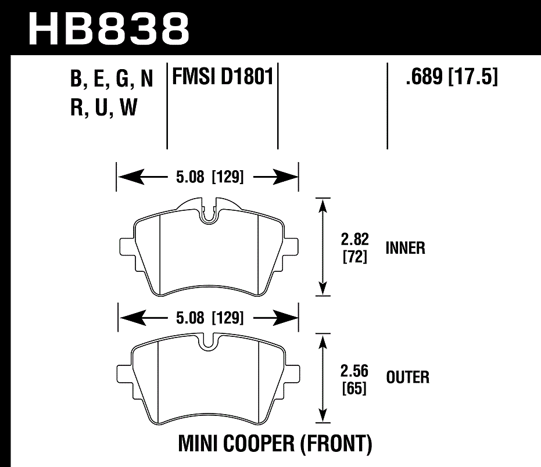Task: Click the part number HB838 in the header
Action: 109,27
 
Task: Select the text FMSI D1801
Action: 221,77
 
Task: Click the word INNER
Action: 405,249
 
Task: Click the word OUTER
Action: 407,378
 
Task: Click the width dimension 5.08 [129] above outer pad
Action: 208,318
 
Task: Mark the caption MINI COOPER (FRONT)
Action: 274,445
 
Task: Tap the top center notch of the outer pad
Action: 208,344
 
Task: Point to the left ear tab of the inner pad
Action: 126,247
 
